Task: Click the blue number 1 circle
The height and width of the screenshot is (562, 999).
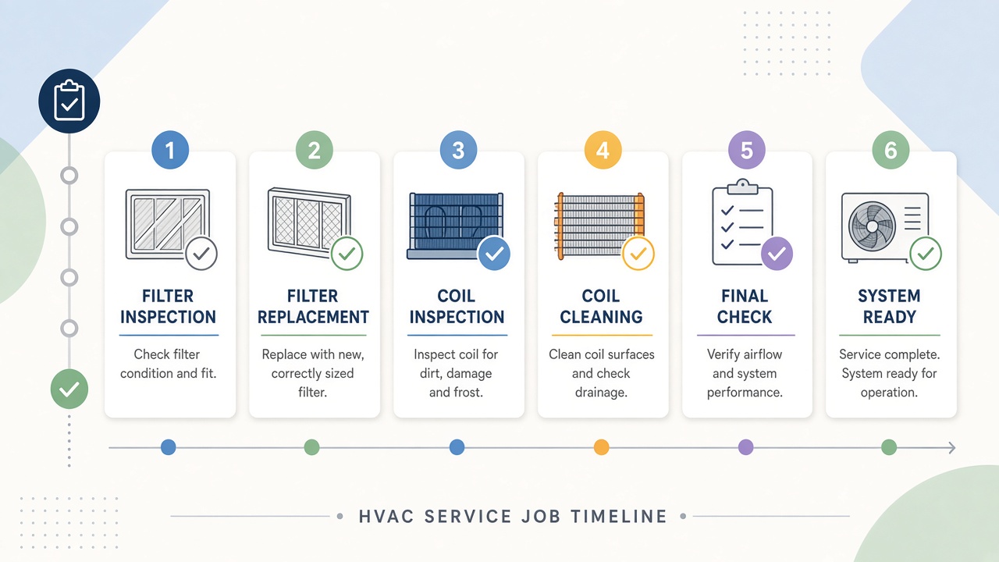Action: pyautogui.click(x=170, y=150)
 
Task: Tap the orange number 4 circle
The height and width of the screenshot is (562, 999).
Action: pyautogui.click(x=603, y=150)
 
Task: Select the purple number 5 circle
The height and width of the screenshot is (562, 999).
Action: pyautogui.click(x=747, y=150)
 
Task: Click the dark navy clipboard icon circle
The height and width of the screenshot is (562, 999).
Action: pyautogui.click(x=69, y=101)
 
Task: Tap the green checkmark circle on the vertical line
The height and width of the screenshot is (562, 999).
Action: pyautogui.click(x=69, y=389)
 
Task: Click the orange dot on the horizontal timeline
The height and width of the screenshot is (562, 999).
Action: pyautogui.click(x=601, y=447)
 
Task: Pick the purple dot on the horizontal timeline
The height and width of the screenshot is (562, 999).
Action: pyautogui.click(x=745, y=447)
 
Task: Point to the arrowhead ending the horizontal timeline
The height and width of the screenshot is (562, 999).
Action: pyautogui.click(x=952, y=447)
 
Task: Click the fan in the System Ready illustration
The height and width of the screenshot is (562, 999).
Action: pyautogui.click(x=872, y=226)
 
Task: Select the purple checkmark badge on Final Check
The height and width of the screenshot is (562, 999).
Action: pyautogui.click(x=777, y=254)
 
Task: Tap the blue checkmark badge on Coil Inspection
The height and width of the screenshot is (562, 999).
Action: pyautogui.click(x=494, y=254)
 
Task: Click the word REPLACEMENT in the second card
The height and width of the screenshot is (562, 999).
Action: pyautogui.click(x=313, y=317)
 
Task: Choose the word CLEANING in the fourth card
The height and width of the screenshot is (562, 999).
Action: pyautogui.click(x=601, y=317)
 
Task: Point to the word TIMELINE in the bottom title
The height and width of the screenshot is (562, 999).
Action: pyautogui.click(x=619, y=517)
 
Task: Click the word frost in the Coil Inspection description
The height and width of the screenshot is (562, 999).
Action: pyautogui.click(x=468, y=393)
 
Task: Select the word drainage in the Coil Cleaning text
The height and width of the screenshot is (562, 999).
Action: pyautogui.click(x=601, y=393)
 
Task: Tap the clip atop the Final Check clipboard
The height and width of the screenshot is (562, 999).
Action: pyautogui.click(x=742, y=187)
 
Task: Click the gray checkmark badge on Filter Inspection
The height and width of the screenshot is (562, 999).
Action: pyautogui.click(x=201, y=254)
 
